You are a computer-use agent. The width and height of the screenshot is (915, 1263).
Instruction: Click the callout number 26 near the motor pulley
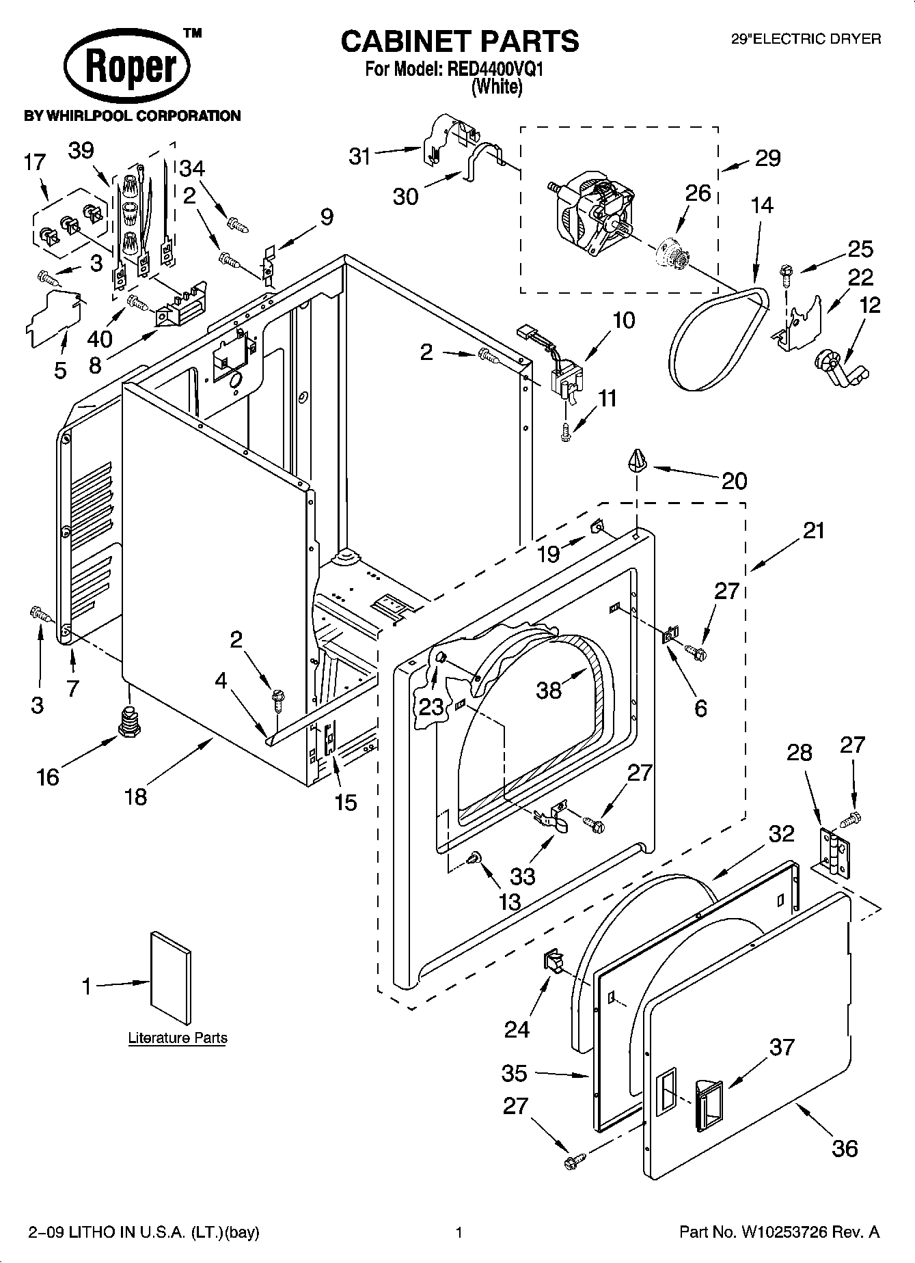(698, 193)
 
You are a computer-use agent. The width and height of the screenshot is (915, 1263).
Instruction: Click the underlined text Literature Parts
(178, 1038)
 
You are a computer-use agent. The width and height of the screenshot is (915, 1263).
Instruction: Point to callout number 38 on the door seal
(549, 689)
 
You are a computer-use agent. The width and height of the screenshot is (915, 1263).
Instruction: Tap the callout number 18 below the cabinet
(136, 796)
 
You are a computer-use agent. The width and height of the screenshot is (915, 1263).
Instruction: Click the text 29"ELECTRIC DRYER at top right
(806, 40)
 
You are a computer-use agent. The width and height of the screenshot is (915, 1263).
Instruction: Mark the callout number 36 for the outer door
(845, 1148)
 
